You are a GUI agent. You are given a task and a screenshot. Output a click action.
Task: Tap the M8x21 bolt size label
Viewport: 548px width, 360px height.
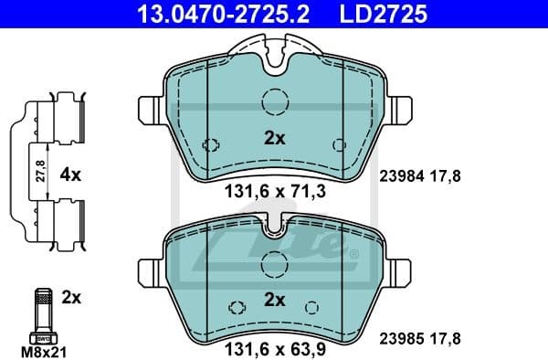click(x=42, y=350)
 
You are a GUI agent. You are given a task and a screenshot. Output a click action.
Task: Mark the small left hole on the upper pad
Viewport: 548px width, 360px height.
click(x=211, y=144)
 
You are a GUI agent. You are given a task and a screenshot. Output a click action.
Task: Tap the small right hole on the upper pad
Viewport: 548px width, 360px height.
click(x=339, y=144)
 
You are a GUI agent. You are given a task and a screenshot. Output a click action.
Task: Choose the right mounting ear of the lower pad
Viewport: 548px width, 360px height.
click(x=398, y=270)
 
